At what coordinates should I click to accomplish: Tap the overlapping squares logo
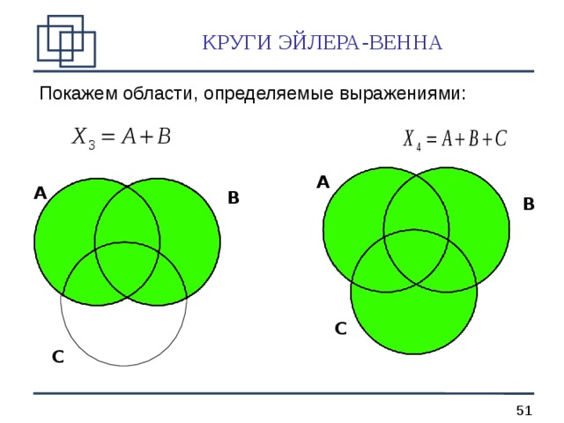[65, 40]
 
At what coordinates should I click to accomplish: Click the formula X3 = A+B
[122, 137]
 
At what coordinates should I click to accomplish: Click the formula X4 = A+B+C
[455, 139]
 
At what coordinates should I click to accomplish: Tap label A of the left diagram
[40, 193]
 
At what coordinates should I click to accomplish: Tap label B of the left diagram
[234, 198]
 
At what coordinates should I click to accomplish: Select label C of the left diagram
[57, 357]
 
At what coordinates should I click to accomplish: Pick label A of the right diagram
[323, 182]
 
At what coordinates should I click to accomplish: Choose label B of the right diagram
[528, 204]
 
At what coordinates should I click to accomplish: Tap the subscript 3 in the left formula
[92, 145]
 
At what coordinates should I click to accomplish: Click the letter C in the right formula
[501, 139]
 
